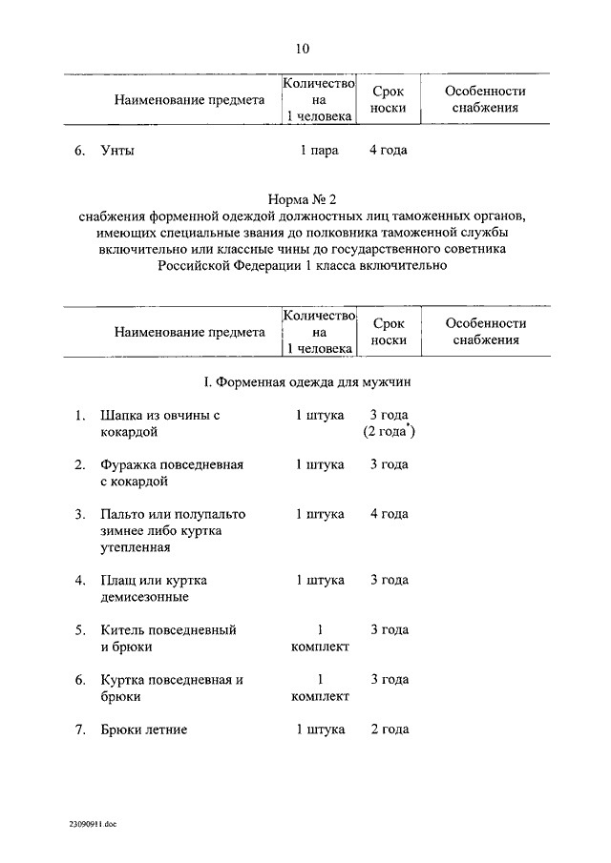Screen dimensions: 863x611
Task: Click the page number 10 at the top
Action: point(303,48)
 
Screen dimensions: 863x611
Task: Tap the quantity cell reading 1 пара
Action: point(320,151)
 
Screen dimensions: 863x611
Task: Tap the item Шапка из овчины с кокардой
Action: point(159,424)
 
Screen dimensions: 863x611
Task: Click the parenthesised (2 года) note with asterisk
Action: point(389,433)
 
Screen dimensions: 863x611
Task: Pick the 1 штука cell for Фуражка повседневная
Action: point(320,464)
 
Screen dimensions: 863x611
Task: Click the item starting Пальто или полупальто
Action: point(173,530)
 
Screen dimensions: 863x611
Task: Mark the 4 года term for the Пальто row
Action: point(389,514)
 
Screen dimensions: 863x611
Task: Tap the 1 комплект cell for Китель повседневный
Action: point(320,638)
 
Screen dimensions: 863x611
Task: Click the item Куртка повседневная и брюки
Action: point(172,688)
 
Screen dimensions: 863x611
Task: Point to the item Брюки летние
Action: point(143,729)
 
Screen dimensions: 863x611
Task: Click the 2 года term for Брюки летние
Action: point(389,729)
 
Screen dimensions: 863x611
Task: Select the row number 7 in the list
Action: point(79,729)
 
